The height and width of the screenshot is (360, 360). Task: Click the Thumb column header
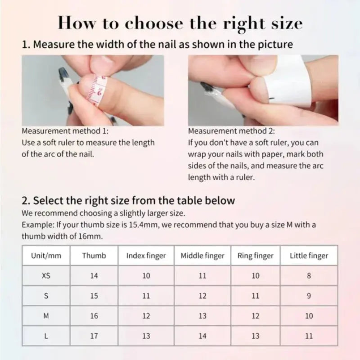tap(94, 256)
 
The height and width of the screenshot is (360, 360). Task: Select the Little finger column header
tap(309, 256)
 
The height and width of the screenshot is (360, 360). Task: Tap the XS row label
tap(46, 275)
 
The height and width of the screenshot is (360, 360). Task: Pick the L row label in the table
tap(46, 336)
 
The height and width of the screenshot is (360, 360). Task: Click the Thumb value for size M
tap(94, 316)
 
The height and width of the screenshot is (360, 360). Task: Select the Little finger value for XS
tap(309, 275)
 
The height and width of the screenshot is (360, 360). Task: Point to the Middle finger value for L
tap(202, 336)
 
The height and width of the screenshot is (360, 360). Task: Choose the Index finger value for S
tap(146, 296)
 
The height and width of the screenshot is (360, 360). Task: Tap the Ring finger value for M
tap(256, 316)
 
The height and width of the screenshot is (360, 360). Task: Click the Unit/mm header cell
tap(46, 256)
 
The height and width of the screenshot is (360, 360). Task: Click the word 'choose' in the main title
tap(154, 23)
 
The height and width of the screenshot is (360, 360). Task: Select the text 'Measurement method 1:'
tap(65, 131)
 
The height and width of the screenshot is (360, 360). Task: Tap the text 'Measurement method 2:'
tap(231, 131)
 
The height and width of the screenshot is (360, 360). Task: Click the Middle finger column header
tap(202, 256)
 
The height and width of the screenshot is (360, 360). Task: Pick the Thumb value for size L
tap(94, 336)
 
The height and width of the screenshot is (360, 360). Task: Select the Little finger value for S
tap(309, 296)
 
